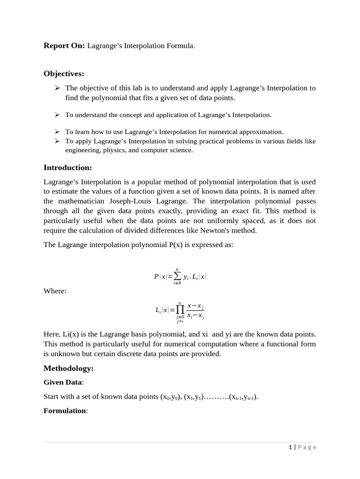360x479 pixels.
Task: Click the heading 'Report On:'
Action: (64, 45)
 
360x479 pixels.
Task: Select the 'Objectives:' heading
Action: (64, 73)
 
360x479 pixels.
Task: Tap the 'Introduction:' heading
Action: (67, 167)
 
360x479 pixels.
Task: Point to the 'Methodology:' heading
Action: (68, 369)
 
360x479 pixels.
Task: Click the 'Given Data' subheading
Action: (62, 383)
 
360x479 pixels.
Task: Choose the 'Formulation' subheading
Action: (65, 411)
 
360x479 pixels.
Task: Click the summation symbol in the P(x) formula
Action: (177, 276)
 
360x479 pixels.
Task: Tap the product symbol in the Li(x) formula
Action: (180, 310)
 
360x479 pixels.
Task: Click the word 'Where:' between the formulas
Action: (55, 291)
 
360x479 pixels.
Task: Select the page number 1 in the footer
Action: (291, 447)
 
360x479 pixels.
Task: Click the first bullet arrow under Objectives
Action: (57, 88)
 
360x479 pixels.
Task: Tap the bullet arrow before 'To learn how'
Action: (57, 132)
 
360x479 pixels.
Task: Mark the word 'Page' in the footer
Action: (307, 447)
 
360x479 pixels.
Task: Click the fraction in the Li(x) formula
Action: (195, 311)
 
